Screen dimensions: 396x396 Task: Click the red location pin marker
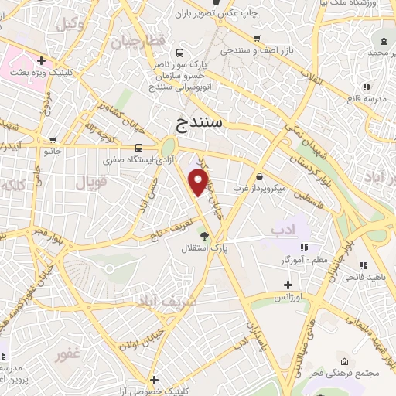200,183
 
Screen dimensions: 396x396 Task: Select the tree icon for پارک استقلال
204,236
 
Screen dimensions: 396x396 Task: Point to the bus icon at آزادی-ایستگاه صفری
138,148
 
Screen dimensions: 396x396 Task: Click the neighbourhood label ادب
283,230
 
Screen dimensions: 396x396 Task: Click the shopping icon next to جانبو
52,141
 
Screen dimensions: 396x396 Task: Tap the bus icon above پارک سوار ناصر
179,53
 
